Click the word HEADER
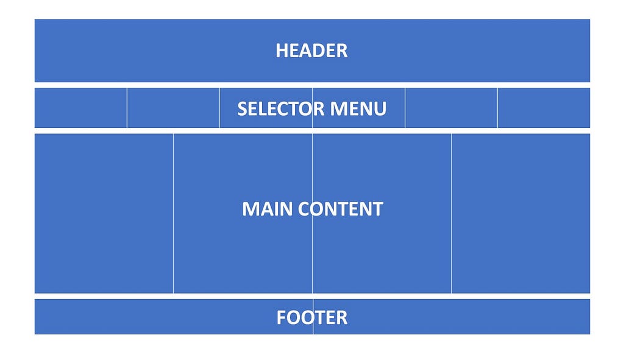(311, 51)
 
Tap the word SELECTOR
(281, 109)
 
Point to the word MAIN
(268, 209)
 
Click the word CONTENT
(341, 209)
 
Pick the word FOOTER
(312, 317)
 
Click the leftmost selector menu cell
(80, 108)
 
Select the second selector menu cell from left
(173, 108)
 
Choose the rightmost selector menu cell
(544, 108)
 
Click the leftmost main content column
(104, 213)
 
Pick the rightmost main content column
(521, 213)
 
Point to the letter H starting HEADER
(282, 51)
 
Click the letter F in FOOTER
(282, 317)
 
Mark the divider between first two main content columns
(173, 213)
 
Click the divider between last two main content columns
(451, 213)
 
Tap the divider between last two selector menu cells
(497, 108)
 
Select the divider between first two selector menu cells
(127, 108)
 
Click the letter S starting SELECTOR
(242, 109)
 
